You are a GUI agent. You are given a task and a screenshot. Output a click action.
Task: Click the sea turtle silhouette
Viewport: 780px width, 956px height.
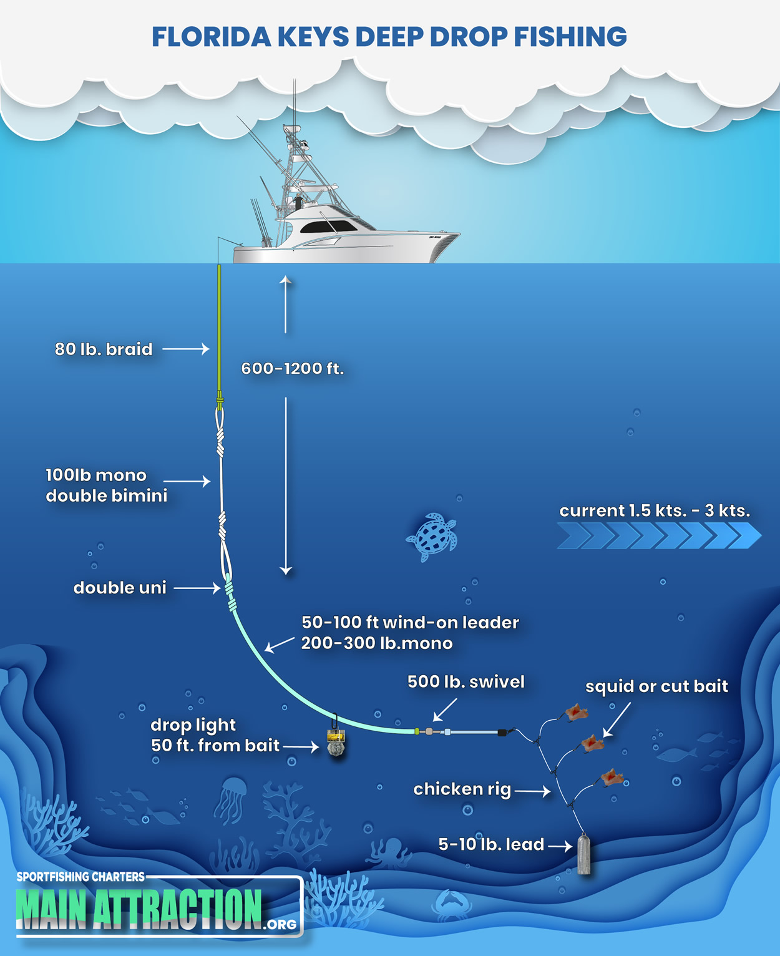432,536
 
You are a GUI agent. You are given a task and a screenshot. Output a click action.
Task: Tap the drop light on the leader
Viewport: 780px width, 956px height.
336,743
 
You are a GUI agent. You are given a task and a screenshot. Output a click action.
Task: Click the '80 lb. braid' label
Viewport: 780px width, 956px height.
104,349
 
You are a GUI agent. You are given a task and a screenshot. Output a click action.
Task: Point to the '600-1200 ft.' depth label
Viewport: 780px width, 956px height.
293,368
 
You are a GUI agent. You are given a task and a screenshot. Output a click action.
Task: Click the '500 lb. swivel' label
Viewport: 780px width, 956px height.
466,681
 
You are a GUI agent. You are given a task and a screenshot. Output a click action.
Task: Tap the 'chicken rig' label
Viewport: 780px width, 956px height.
462,789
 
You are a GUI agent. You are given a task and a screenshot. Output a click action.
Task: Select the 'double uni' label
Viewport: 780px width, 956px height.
120,588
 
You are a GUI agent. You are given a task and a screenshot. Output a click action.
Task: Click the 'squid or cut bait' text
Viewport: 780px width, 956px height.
656,686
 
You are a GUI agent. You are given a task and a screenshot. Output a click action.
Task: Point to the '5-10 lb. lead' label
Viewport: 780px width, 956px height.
491,844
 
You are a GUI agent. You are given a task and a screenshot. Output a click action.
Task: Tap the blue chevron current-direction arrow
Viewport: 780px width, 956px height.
659,535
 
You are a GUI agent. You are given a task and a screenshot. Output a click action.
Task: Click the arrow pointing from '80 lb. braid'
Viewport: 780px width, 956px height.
186,349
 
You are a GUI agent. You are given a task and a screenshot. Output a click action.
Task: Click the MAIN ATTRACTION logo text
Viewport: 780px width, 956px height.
139,907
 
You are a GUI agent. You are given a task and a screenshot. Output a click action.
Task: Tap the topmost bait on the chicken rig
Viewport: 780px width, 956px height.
577,712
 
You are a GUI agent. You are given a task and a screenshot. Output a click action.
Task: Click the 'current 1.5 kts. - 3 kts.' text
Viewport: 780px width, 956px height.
655,510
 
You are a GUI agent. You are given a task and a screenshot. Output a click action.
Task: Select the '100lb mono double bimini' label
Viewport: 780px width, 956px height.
106,485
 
